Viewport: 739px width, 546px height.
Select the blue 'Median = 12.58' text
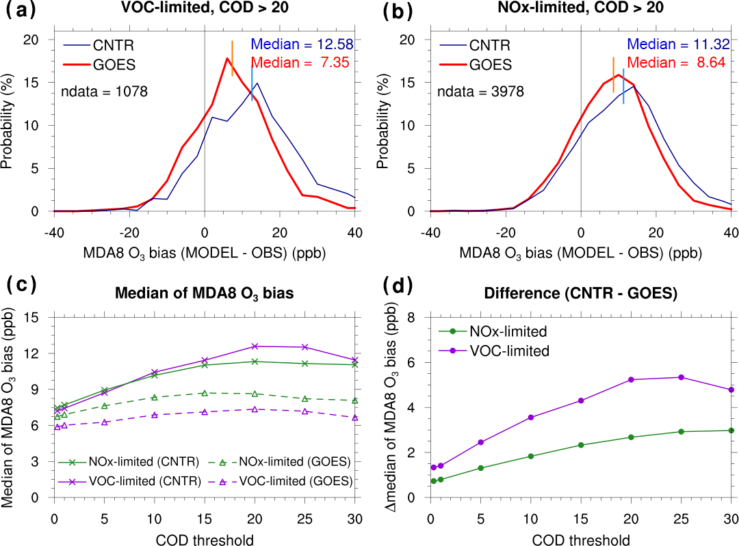[302, 45]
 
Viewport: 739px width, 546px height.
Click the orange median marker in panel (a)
[233, 58]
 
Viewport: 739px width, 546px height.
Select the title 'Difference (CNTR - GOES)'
[581, 295]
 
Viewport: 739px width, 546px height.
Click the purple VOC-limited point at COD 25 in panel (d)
[680, 377]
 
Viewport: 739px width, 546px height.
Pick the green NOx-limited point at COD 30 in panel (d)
[731, 431]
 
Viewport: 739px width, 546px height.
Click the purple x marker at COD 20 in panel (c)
[255, 346]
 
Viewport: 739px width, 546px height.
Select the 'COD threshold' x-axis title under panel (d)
[581, 540]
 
